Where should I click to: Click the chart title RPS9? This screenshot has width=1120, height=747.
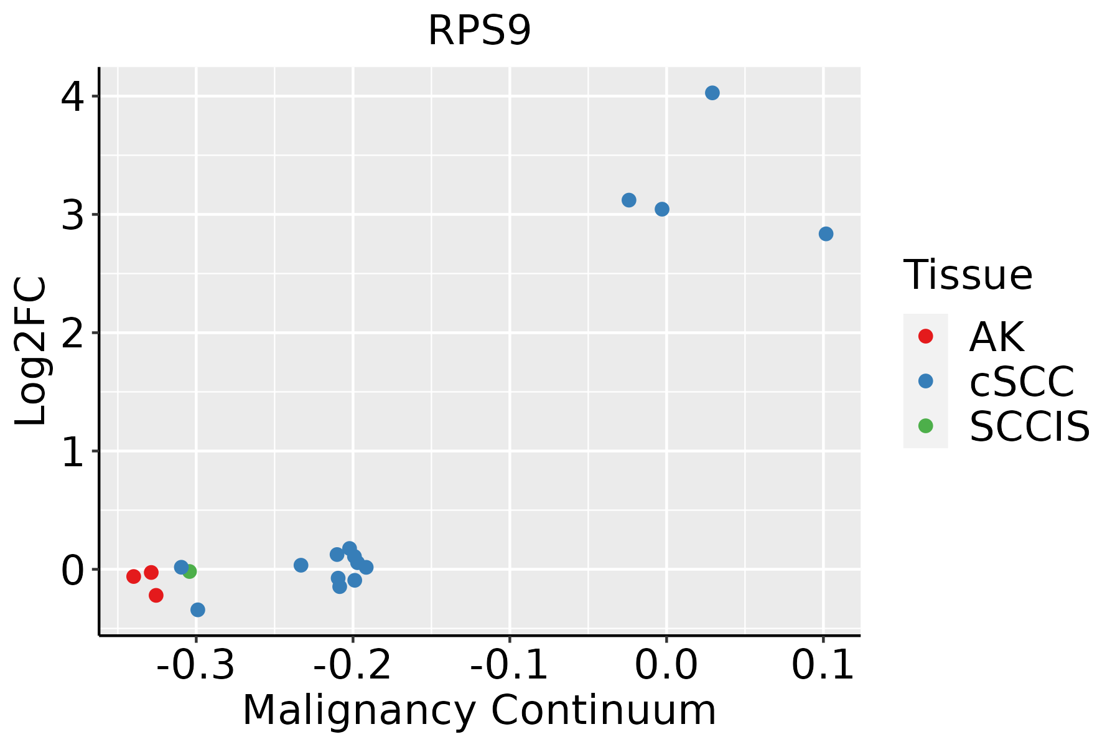(479, 31)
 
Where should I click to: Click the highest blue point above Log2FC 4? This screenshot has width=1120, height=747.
(712, 93)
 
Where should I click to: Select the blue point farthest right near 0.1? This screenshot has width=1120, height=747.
(826, 234)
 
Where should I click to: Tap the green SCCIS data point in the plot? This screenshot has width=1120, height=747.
(190, 571)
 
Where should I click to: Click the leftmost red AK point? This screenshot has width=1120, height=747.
(134, 576)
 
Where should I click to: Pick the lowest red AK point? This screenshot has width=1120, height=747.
(156, 596)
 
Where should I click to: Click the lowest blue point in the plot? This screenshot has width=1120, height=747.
(198, 609)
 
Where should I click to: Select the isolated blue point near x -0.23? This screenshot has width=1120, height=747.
(301, 565)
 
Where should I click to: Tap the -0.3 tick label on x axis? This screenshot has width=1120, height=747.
(195, 665)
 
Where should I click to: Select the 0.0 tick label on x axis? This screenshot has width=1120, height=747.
(666, 665)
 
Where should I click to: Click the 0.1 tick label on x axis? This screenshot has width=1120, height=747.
(823, 665)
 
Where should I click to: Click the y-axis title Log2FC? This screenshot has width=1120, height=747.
(31, 351)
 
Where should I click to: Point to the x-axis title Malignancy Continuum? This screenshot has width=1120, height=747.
(479, 710)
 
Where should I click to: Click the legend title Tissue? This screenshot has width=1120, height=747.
(968, 275)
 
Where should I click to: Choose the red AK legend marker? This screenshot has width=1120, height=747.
(925, 336)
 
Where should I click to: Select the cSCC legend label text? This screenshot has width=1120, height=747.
(1022, 382)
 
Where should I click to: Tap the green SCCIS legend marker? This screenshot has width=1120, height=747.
(925, 426)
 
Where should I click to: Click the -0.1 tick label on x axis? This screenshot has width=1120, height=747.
(509, 665)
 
